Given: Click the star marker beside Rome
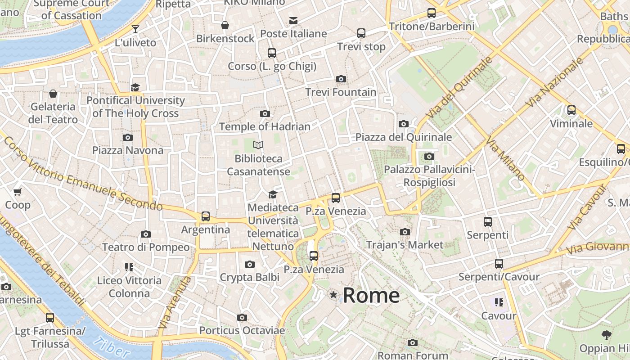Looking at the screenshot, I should coord(333,295).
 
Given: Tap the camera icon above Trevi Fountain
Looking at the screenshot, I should coord(341,79).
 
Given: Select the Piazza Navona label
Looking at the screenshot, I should coord(128,150).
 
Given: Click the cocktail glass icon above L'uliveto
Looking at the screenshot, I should coord(135,29).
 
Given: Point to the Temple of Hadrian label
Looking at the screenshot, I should coord(265,127).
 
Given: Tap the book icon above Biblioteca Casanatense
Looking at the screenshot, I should coord(258,145).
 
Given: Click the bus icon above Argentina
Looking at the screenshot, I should coord(206,216).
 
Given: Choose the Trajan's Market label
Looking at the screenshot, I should coord(405,245).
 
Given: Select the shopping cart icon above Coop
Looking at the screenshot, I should coord(18,192).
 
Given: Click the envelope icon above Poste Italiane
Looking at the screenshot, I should coord(293,20).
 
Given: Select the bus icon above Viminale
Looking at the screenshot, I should coord(571,110).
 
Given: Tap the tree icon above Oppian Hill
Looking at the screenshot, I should coord(606,335).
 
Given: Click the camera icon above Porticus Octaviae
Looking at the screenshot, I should coord(242,318).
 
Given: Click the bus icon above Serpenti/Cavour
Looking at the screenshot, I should coord(499,264).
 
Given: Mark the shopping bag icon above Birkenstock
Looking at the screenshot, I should coord(225,25).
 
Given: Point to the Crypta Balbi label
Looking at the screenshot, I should coord(249,278).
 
